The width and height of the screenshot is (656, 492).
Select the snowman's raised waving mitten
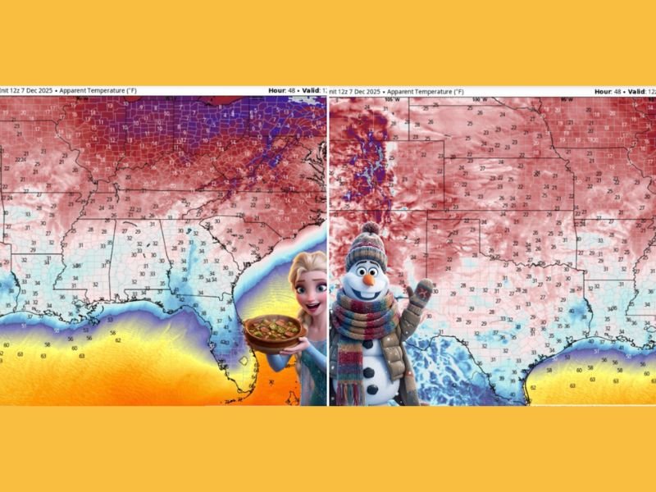pos(423,294)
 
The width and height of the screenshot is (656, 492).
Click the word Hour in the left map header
pos(277,90)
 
